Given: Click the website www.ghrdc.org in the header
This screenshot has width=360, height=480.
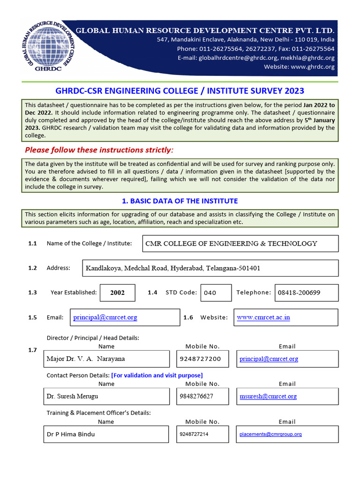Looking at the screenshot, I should coord(313,67).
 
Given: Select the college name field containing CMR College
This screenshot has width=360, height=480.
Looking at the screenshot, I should coord(240,244).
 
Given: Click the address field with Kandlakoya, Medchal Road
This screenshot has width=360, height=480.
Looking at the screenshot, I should coord(210,269).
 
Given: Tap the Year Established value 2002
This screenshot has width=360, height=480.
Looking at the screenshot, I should coord(118,292).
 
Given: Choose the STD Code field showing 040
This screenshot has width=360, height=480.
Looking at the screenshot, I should coord(216,292).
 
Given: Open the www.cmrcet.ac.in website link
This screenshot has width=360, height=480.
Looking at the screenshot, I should coord(263,317).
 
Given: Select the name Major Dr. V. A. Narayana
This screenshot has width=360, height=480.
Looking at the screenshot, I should coord(86,359).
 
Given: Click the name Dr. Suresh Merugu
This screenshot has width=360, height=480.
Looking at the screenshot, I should coord(73,397).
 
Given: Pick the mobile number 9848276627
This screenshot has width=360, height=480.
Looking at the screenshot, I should coord(196,397).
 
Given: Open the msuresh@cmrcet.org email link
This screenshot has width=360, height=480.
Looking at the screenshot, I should coord(268,397).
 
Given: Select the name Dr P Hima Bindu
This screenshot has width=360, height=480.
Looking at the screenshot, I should coord(71,434).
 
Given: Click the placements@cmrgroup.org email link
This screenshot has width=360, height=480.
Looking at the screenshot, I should coord(270,435).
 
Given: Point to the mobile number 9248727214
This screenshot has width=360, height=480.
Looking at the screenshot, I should coord(194,435).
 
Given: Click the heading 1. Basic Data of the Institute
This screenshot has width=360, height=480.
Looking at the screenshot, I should coord(180,201).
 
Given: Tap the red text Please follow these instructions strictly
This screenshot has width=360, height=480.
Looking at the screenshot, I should coord(99,150).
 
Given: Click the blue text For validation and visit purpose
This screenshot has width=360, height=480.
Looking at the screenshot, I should coord(157,375).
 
